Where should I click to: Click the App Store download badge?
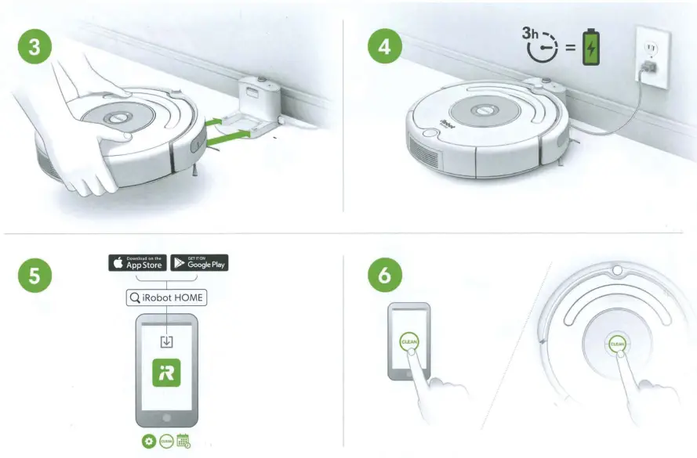point(136,263)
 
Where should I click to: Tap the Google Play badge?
point(199,263)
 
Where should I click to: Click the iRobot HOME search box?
point(167,298)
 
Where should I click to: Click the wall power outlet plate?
point(650,60)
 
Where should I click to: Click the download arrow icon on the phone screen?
point(167,341)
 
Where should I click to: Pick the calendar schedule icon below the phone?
point(184,441)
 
